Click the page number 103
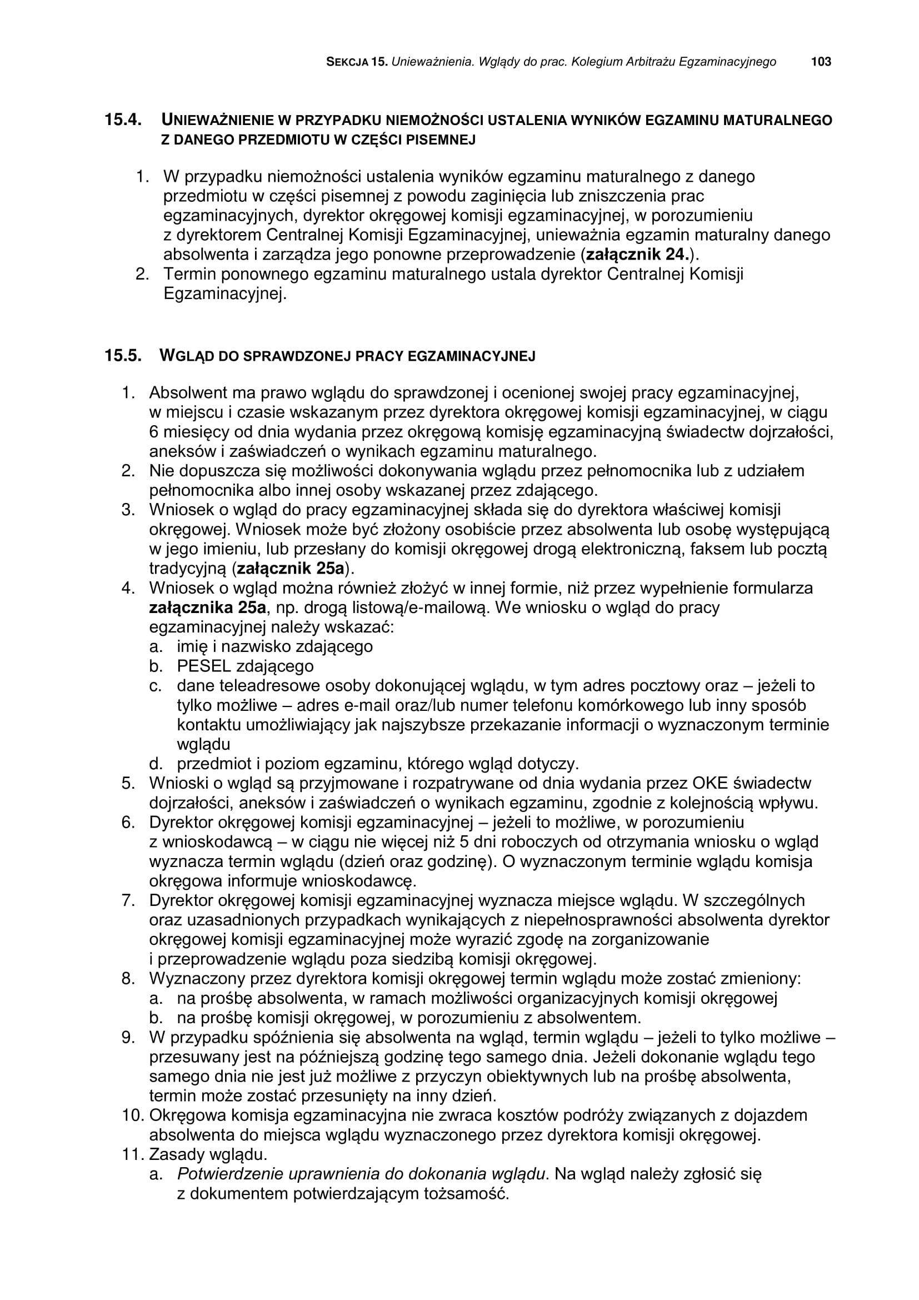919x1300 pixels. pos(821,62)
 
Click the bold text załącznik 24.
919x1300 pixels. pos(636,254)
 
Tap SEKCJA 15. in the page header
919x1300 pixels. pos(357,62)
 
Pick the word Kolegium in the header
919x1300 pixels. pos(596,62)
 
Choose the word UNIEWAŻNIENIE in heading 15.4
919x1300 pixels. pos(218,120)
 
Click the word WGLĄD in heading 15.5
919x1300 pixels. pos(185,356)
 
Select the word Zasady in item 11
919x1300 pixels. pos(176,1154)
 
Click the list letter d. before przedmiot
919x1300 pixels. pos(156,764)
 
